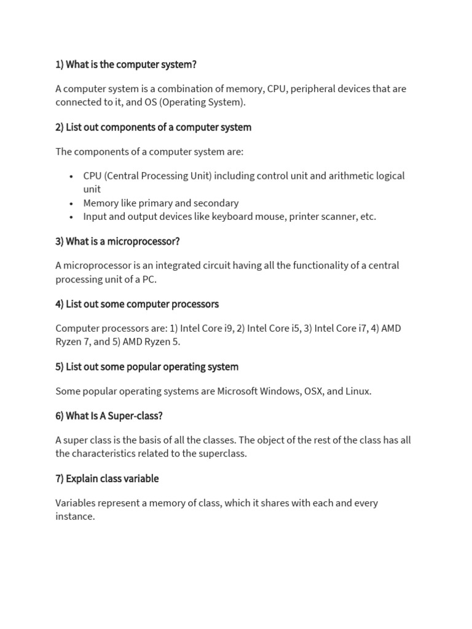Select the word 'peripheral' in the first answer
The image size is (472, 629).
[x=313, y=88]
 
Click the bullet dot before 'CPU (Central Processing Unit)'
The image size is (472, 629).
[x=72, y=176]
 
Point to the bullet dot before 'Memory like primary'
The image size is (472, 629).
[x=72, y=203]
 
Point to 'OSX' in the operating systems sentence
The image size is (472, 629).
[x=313, y=391]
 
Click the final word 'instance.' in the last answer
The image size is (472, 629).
[x=75, y=517]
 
